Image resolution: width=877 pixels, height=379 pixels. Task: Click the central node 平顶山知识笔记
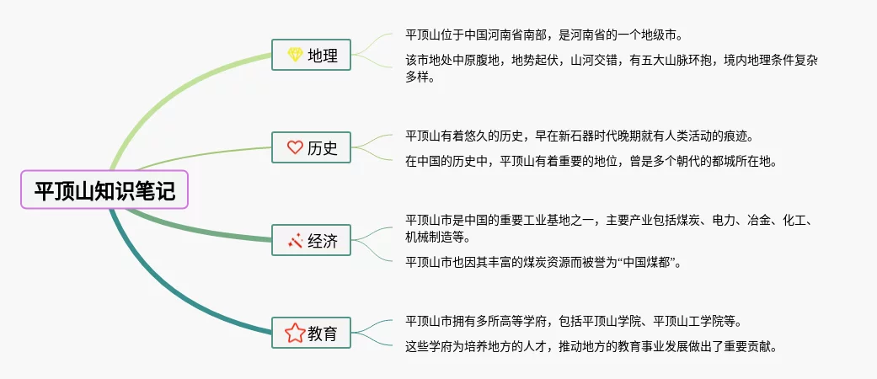[x=104, y=190]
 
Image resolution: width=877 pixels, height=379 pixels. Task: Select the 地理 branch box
[x=312, y=56]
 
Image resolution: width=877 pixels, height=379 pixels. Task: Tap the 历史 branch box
[x=312, y=148]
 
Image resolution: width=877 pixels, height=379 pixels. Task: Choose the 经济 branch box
[x=312, y=242]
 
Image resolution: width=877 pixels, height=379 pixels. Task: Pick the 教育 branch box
[x=312, y=334]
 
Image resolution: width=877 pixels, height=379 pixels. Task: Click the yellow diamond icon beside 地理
[x=294, y=56]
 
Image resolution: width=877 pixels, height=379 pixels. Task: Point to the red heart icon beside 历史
[x=294, y=148]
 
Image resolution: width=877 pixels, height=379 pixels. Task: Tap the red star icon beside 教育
[x=294, y=334]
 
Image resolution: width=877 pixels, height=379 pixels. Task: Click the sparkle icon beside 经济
[x=294, y=242]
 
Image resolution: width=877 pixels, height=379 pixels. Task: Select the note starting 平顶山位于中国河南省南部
[x=543, y=35]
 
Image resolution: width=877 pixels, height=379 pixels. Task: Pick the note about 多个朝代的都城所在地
[x=591, y=161]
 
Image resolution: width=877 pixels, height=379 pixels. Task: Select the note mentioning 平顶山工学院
[x=573, y=321]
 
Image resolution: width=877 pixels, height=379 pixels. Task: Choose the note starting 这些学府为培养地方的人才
[x=591, y=346]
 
